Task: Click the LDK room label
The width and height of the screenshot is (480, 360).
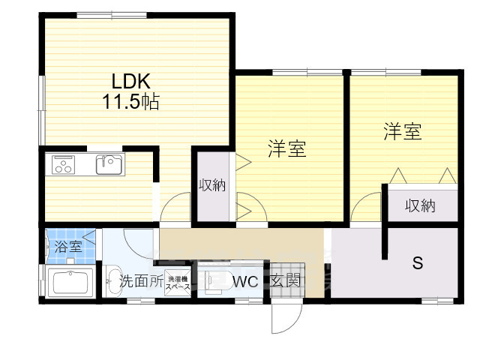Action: (x=131, y=82)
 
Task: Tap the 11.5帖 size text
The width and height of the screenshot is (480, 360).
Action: (x=131, y=102)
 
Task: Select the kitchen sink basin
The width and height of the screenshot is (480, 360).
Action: (x=109, y=165)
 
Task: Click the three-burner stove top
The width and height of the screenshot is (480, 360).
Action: (x=63, y=165)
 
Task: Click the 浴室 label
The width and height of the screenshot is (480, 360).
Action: (x=68, y=247)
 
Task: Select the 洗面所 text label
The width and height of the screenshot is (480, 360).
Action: (x=142, y=280)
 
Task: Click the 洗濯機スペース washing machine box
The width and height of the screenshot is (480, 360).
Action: (x=178, y=282)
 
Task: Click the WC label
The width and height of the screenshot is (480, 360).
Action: (x=245, y=282)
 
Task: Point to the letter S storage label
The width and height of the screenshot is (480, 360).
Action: (x=418, y=262)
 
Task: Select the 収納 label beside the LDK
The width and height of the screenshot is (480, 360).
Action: (x=212, y=185)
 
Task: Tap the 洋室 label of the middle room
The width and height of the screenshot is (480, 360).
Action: (x=287, y=148)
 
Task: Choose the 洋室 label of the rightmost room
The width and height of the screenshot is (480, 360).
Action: (x=403, y=132)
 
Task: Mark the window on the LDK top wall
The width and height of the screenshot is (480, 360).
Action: (x=112, y=15)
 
